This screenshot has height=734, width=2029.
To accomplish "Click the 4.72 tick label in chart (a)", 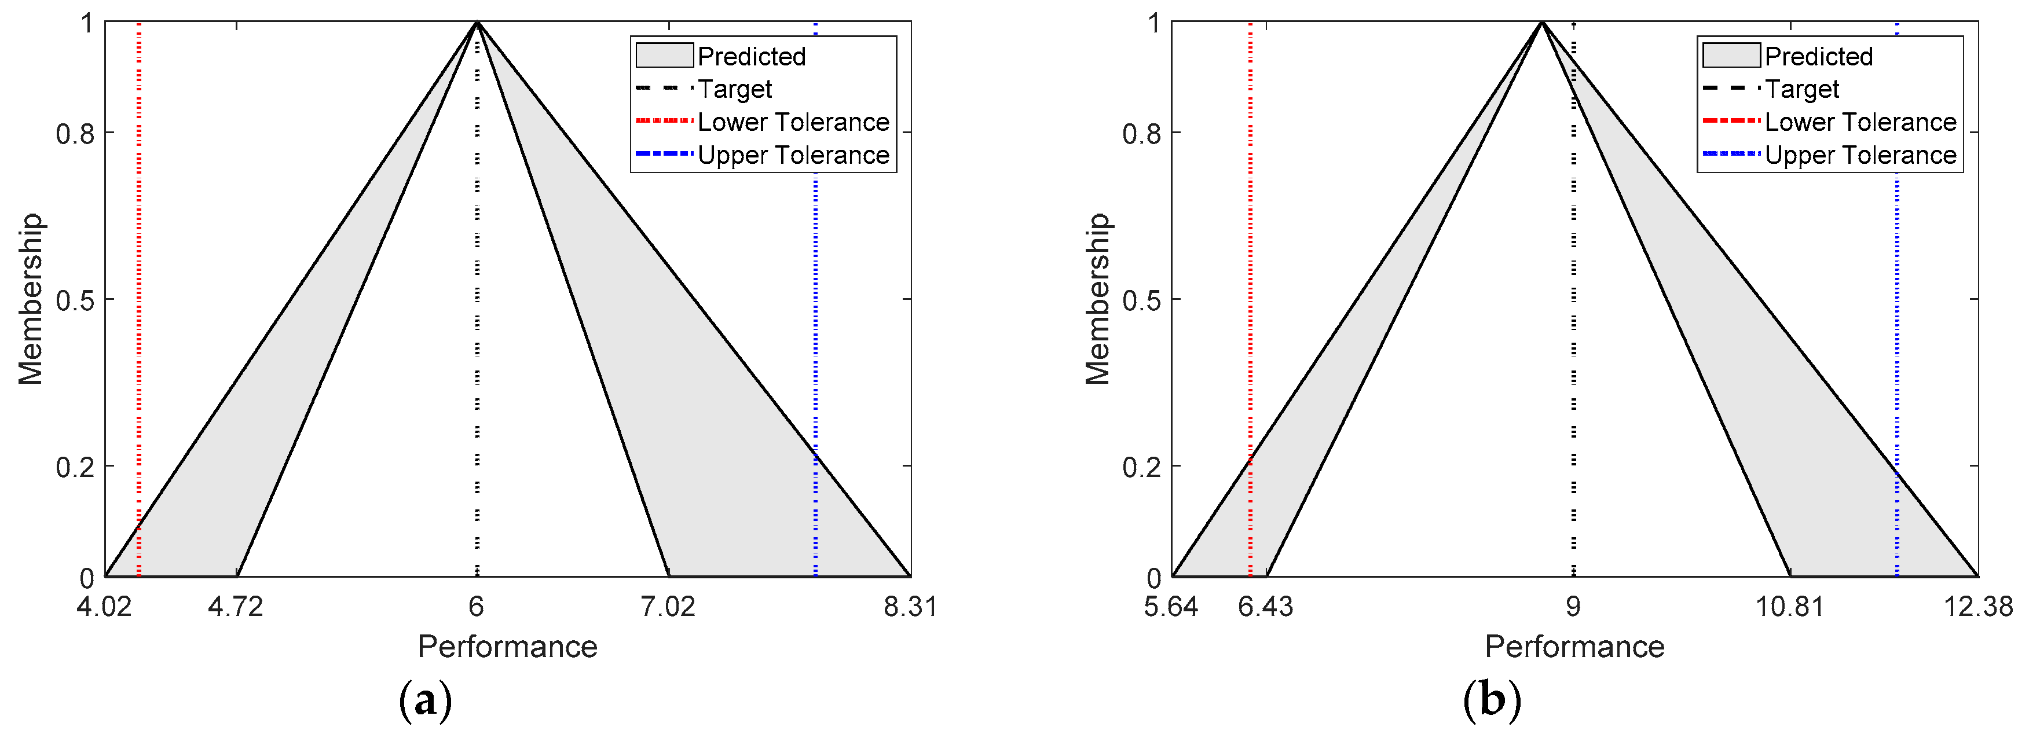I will pos(236,607).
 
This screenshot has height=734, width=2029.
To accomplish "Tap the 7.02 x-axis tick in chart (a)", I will pos(668,607).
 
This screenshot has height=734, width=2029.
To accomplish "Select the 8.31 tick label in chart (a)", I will pos(910,607).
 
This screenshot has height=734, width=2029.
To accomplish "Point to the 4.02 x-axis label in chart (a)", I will pos(105,607).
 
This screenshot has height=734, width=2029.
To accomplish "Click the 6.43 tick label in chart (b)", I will pos(1265,607).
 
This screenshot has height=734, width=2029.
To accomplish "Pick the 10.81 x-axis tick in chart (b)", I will pos(1789,607).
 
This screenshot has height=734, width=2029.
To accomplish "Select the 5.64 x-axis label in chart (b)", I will pos(1171,607).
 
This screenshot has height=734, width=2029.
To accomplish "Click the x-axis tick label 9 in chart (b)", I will pos(1573,607).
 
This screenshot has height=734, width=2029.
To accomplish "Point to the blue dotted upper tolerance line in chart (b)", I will pos(1896,315).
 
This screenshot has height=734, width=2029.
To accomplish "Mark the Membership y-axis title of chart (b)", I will pos(1097,299).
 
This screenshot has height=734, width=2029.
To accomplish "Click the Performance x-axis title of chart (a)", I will pos(507,647).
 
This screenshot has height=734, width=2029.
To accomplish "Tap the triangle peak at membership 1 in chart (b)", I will pos(1541,22).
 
